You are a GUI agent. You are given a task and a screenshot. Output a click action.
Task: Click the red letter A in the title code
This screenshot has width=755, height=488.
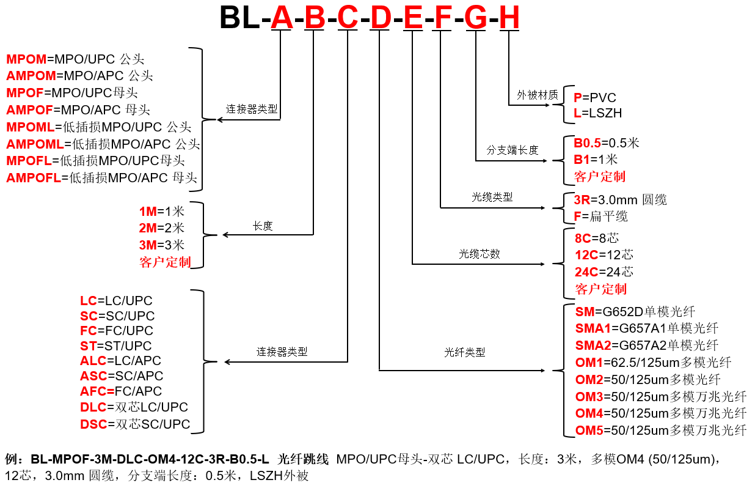[x=282, y=18]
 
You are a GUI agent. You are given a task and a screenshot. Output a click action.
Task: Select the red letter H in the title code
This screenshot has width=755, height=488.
[x=509, y=18]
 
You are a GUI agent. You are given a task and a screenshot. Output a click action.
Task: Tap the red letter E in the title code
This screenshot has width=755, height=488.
[x=414, y=18]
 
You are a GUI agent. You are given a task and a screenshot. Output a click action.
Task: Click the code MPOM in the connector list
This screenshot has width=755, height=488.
[x=26, y=59]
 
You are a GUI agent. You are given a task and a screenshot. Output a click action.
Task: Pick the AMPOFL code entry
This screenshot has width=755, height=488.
[x=34, y=178]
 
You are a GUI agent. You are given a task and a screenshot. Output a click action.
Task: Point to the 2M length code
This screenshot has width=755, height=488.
[x=148, y=228]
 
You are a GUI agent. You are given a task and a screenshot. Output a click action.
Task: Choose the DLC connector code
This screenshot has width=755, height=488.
[x=93, y=407]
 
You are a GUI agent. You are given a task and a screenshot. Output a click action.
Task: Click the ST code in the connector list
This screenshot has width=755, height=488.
[x=89, y=346]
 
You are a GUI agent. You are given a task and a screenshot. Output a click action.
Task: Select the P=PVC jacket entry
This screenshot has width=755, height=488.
[x=594, y=98]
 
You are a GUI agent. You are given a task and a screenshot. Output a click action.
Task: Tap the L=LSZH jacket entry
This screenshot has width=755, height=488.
[x=597, y=113]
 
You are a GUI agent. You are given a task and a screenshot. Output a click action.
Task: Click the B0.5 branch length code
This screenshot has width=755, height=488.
[x=587, y=143]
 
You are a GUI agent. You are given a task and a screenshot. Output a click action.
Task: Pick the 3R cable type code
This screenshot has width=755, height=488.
[x=582, y=200]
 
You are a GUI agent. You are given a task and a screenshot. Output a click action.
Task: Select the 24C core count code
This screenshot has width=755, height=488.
[x=586, y=272]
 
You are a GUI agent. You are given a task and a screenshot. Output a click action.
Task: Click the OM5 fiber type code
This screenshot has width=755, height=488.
[x=589, y=431]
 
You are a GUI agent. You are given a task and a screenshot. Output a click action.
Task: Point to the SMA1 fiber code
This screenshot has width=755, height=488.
[x=593, y=328]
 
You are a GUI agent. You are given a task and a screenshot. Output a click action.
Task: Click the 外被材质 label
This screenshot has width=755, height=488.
[x=538, y=95]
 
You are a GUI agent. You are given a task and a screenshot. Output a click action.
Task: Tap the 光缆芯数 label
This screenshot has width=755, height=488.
[x=480, y=254]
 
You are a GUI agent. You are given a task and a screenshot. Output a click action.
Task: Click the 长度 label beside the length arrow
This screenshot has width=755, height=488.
[x=263, y=226]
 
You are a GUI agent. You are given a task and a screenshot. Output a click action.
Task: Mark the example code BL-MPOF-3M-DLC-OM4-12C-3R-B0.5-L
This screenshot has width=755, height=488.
[x=150, y=459]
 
